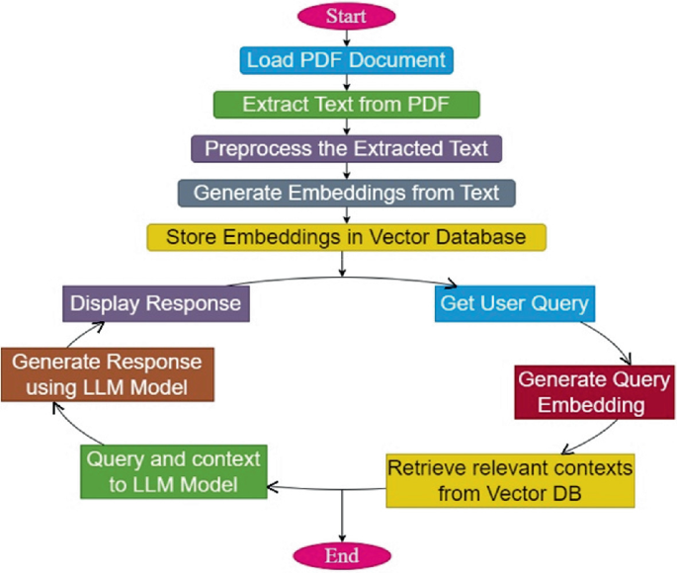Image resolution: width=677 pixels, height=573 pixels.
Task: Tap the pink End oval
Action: point(340,554)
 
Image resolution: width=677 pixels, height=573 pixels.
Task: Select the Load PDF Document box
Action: point(346,59)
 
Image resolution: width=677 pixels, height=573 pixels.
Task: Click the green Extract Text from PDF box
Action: point(346,104)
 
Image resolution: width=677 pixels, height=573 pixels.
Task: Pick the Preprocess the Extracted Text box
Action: point(346,148)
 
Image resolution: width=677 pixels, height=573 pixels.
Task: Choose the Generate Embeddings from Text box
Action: point(346,193)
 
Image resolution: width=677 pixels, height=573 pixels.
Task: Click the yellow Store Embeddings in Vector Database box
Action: point(346,237)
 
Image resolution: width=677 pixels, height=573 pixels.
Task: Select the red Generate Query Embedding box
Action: point(594,392)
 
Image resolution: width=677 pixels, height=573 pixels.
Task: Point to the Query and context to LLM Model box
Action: point(173,471)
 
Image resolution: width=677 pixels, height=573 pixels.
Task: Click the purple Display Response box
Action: point(156,303)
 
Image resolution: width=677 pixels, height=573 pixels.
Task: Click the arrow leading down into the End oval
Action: point(340,519)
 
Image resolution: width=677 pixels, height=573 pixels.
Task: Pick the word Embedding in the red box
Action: point(594,405)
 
